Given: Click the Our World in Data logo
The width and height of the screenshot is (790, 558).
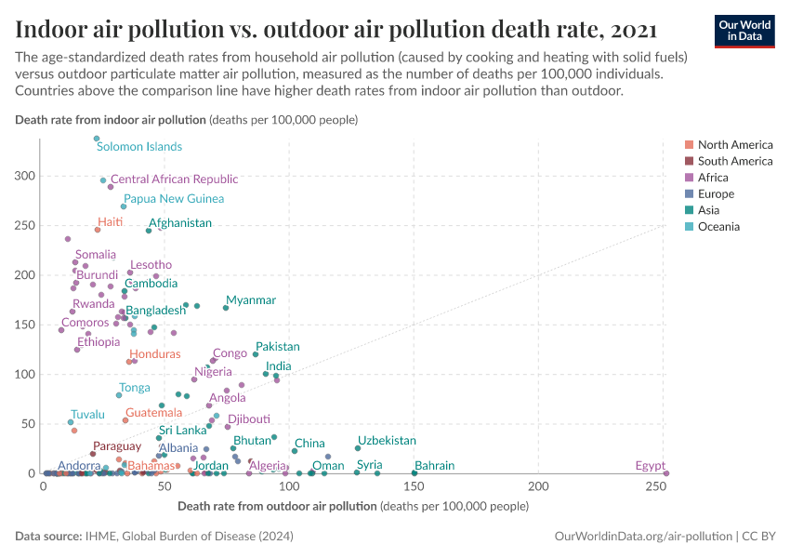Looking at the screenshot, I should (x=744, y=31).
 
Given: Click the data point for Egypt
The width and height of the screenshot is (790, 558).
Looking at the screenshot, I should (x=666, y=473).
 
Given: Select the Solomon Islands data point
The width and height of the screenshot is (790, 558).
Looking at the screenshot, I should (x=97, y=139).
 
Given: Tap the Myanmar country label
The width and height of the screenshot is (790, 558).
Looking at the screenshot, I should (x=251, y=300).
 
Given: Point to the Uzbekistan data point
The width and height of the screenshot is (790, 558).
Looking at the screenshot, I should (x=358, y=448).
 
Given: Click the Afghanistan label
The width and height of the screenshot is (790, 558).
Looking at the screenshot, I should (x=180, y=223).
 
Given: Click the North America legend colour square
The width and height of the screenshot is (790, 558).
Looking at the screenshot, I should (x=689, y=145).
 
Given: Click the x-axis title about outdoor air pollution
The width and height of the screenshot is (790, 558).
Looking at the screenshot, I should (x=352, y=506).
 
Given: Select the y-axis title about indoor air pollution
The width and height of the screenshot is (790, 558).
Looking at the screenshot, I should (x=187, y=120).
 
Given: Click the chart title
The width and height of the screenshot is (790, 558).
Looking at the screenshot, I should (x=336, y=29).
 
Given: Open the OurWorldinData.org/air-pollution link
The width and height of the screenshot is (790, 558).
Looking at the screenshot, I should (x=641, y=537).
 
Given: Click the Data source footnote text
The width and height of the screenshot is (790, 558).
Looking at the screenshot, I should (x=154, y=537).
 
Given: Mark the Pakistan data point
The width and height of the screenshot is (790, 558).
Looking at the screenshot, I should (x=256, y=354).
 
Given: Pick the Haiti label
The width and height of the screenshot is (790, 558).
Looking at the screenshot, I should (x=111, y=223).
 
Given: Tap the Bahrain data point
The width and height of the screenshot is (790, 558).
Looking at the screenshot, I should (x=415, y=473).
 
